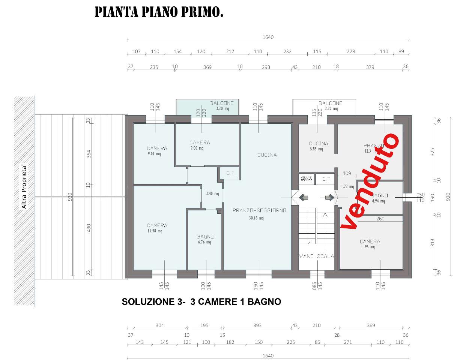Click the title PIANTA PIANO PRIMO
pyautogui.click(x=159, y=12)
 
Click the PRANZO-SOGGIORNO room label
pyautogui.click(x=259, y=211)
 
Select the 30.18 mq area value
pyautogui.click(x=256, y=218)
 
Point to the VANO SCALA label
pyautogui.click(x=316, y=256)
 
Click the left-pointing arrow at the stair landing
pyautogui.click(x=303, y=197)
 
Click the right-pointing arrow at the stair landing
pyautogui.click(x=329, y=197)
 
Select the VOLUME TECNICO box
pyautogui.click(x=306, y=179)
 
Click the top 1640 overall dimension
pyautogui.click(x=268, y=37)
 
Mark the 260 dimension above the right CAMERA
pyautogui.click(x=380, y=219)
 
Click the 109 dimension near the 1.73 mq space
pyautogui.click(x=347, y=173)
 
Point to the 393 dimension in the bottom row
pyautogui.click(x=257, y=325)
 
